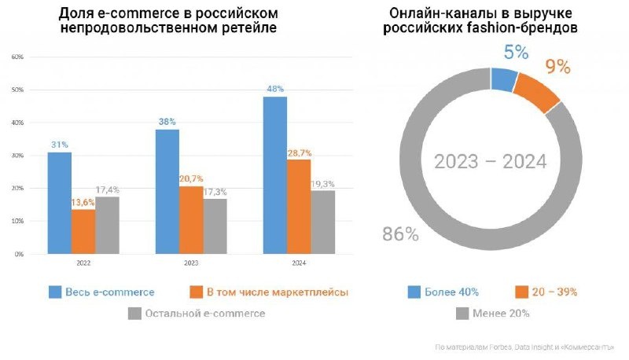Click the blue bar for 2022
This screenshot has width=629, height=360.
click(59, 203)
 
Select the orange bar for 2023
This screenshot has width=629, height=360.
click(191, 220)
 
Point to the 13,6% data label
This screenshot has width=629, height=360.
click(83, 202)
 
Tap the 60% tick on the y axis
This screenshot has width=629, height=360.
click(17, 57)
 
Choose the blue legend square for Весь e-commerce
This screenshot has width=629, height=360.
click(55, 292)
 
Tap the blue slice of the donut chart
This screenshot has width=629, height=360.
click(503, 79)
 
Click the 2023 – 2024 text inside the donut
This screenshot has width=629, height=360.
click(491, 163)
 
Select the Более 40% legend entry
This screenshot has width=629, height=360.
click(446, 292)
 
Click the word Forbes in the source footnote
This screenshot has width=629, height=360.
click(491, 347)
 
